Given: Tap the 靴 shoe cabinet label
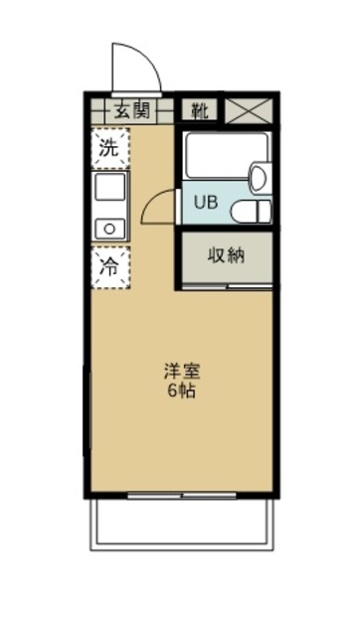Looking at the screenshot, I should tap(200, 109).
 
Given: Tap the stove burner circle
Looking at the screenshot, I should tap(107, 228).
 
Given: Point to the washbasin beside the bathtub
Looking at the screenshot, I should tap(258, 178).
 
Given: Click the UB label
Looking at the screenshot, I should tap(204, 202).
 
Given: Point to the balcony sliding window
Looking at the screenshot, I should tap(181, 494).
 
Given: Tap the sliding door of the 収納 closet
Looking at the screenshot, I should tap(227, 286).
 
